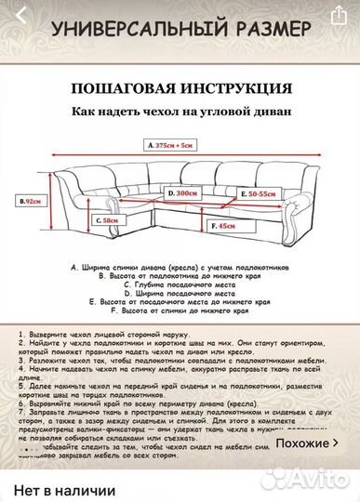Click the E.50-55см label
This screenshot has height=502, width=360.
point(257,193)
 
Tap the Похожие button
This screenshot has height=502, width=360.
point(308,443)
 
